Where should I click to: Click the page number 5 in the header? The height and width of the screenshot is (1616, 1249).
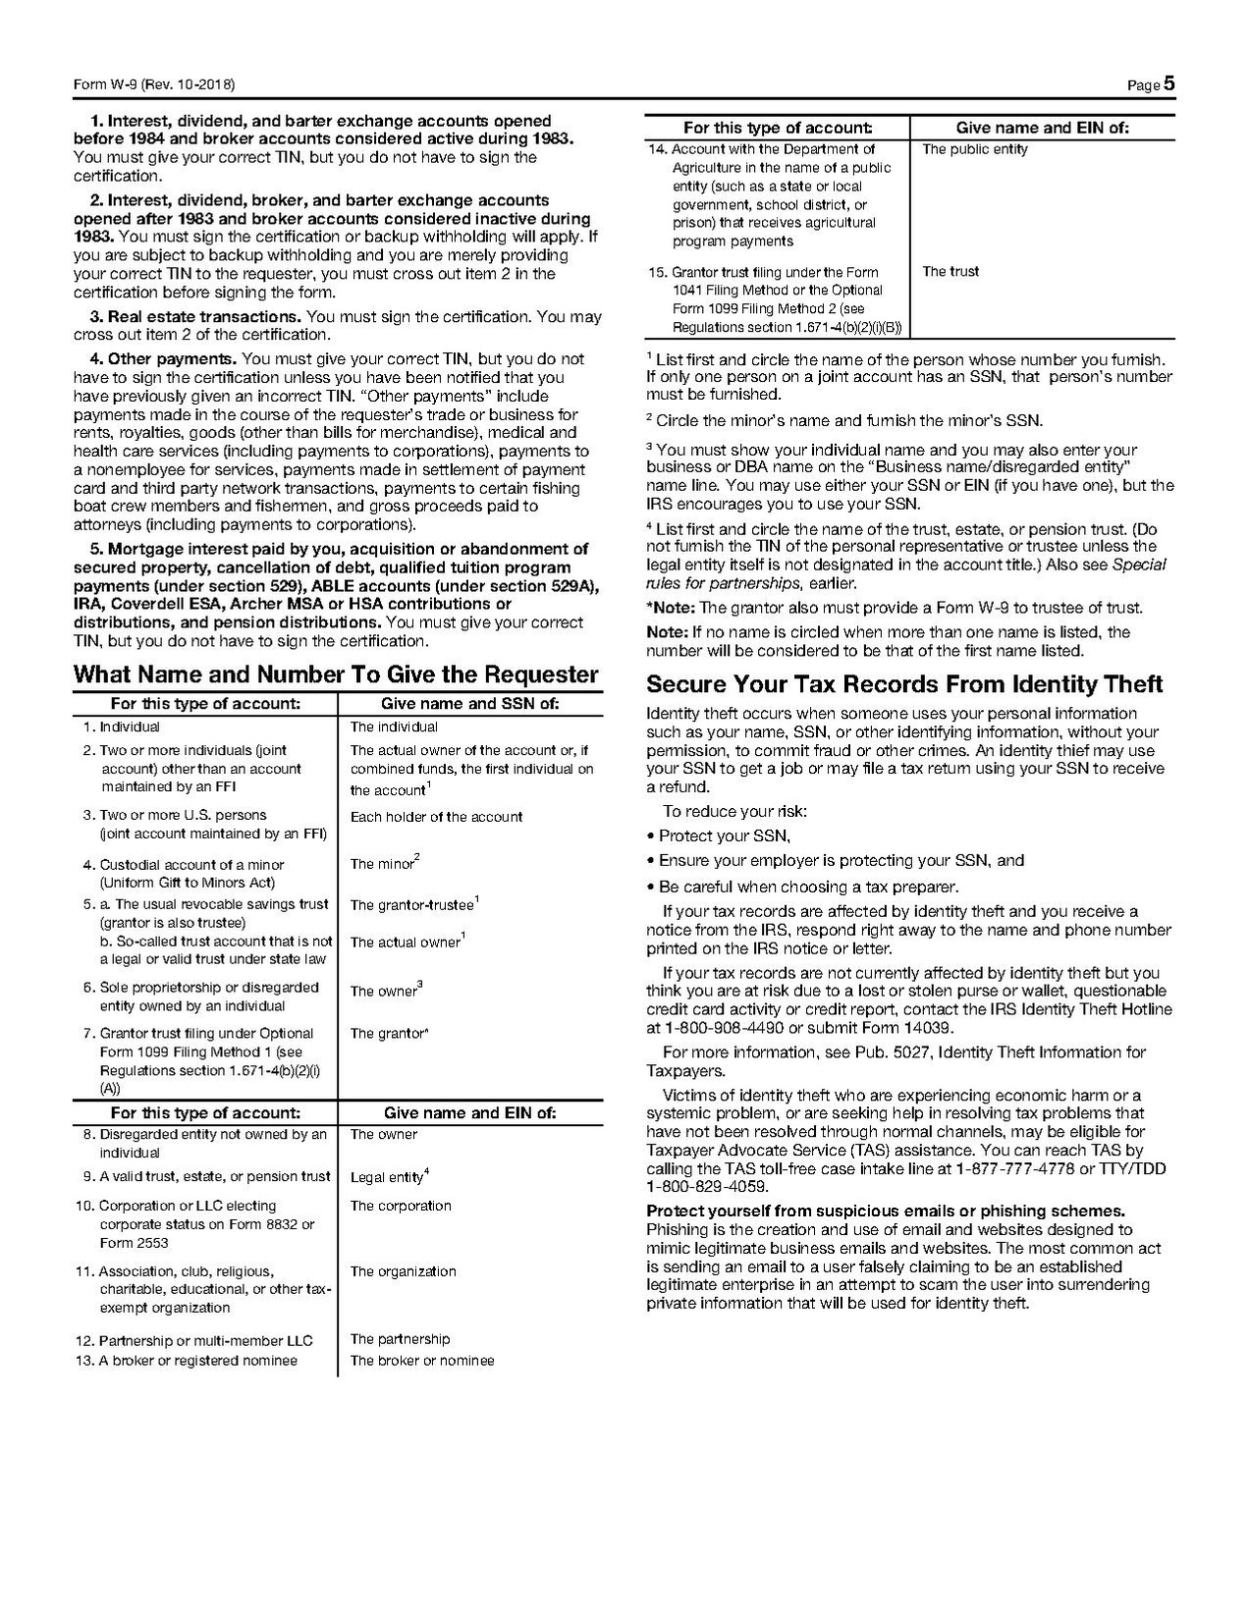1168,84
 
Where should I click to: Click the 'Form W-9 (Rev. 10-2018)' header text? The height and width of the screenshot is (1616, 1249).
154,85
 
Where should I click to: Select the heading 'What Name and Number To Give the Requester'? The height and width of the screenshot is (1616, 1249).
336,674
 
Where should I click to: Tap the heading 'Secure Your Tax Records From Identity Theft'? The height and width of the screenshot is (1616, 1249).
904,683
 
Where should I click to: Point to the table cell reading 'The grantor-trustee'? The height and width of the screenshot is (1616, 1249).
412,905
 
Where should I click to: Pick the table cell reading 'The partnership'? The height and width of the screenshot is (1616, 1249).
400,1339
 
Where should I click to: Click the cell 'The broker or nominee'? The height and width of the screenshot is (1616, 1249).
422,1361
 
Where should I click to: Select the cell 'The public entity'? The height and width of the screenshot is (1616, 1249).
975,149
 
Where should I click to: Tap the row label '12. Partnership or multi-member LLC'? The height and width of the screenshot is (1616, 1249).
193,1340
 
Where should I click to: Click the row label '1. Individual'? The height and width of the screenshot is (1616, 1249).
121,727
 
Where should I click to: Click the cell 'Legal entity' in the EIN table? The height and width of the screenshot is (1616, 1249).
388,1177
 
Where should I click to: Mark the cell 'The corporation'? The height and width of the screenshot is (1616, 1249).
401,1206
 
